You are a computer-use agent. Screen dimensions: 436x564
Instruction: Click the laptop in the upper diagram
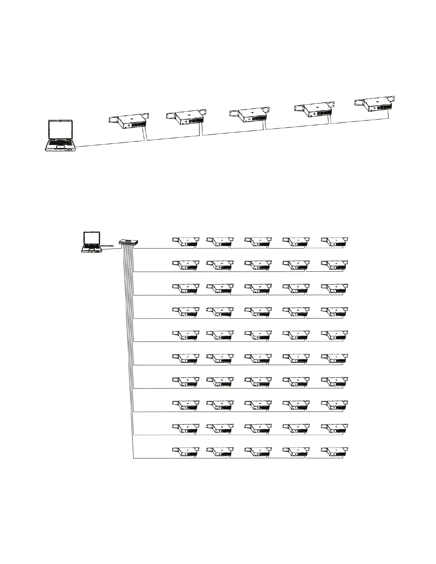coord(61,136)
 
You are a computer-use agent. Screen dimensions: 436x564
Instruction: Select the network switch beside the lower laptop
coord(129,242)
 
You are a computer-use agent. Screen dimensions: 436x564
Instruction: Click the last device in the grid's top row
coord(334,242)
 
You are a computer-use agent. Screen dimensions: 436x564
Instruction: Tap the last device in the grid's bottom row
coord(334,452)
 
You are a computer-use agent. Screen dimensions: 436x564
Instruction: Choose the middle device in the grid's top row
coord(258,242)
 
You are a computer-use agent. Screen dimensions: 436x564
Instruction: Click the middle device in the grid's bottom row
coord(258,452)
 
